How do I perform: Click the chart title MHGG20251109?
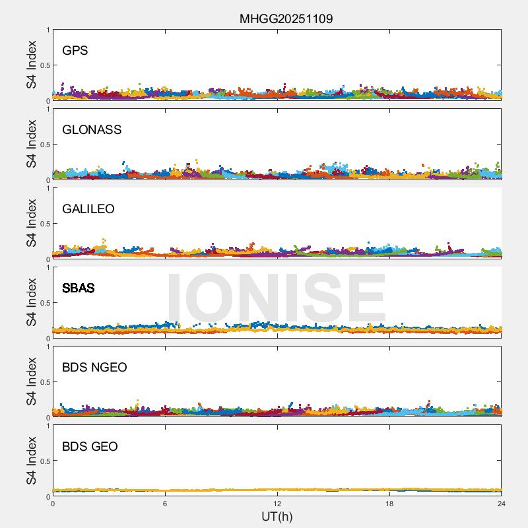[286, 18]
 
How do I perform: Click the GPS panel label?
[75, 51]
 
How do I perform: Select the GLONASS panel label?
[92, 130]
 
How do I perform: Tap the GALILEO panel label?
[88, 209]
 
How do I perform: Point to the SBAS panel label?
[79, 288]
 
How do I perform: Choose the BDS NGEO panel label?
[94, 368]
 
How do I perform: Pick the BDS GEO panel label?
[90, 447]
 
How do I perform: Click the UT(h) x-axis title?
[277, 516]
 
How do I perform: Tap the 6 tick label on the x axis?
[165, 504]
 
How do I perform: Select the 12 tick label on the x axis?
[277, 504]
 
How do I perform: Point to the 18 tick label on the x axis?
[389, 504]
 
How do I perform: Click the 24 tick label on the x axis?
[501, 504]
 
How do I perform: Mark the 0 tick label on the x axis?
[53, 504]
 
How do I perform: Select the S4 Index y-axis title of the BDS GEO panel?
[32, 461]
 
